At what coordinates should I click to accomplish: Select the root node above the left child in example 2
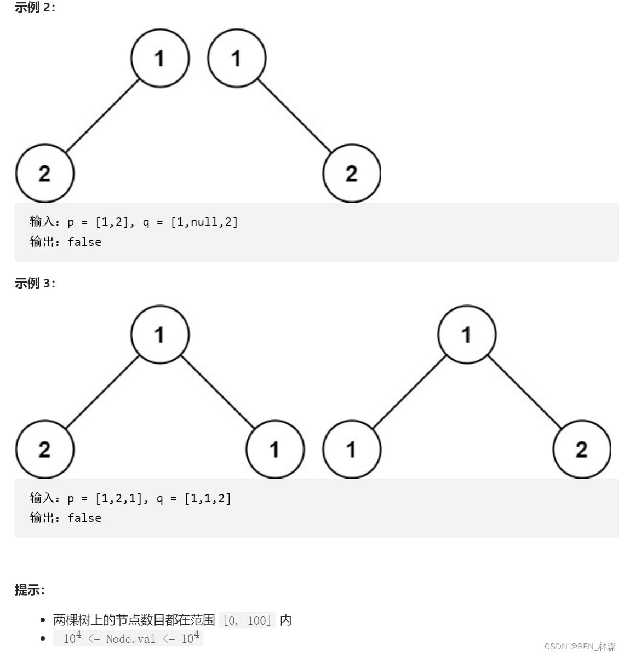coord(160,58)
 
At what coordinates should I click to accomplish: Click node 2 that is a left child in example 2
coord(44,173)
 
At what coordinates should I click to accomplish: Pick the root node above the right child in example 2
coord(237,58)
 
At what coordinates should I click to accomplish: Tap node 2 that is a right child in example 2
coord(352,173)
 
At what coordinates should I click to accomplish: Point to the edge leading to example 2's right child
coord(294,116)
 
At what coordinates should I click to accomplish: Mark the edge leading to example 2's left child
coord(102,116)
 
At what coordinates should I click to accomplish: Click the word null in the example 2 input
coord(204,222)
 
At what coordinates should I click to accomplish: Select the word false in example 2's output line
coord(84,242)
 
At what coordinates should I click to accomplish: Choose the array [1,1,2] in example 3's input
coord(208,498)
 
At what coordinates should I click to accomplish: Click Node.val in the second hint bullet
coord(130,638)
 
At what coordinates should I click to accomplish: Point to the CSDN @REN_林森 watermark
coord(580,646)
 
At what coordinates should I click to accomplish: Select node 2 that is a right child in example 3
coord(582,449)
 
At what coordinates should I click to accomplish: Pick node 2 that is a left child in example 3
coord(44,449)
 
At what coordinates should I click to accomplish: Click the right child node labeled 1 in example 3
coord(275,449)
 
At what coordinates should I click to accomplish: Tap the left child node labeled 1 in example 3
coord(352,449)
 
